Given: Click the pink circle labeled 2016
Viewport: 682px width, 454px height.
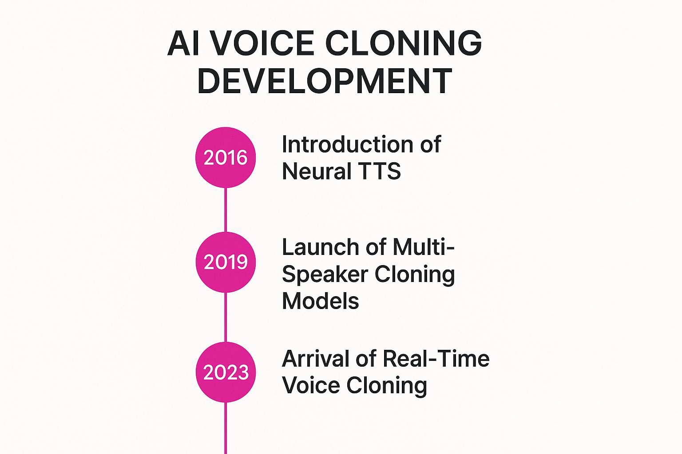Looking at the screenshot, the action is coord(226,157).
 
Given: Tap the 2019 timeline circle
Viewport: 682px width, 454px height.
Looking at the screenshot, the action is coord(226,262).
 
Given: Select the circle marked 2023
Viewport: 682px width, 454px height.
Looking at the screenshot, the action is coord(226,372).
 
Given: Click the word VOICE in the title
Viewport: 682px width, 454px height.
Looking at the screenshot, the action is coord(262,43).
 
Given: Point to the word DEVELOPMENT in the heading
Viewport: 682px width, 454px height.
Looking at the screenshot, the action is coord(325,81).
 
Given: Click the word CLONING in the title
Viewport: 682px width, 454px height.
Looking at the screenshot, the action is coord(404,43).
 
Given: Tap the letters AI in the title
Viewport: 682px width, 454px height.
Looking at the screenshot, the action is coord(183,43).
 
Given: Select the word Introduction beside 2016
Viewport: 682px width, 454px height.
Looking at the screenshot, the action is coord(347,144).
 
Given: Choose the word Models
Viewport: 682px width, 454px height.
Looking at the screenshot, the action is coord(321,301).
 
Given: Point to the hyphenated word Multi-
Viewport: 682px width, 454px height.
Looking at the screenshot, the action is coord(424,247).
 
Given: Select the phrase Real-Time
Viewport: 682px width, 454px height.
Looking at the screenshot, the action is coord(436,359).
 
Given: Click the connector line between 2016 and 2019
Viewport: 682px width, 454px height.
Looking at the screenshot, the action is coord(226,210).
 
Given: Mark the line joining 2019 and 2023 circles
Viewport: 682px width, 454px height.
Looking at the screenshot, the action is coord(226,317).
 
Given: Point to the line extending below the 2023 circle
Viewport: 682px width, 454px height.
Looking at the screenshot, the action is coord(226,428).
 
